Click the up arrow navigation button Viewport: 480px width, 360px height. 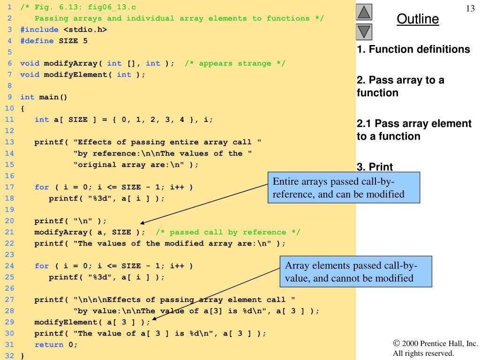(364, 12)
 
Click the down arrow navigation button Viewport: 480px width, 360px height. (364, 32)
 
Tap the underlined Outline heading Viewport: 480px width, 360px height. (418, 19)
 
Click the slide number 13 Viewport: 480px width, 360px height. (470, 8)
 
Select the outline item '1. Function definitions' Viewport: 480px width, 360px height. (413, 49)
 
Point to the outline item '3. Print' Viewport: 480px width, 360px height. (375, 167)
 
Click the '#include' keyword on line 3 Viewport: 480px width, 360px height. (39, 30)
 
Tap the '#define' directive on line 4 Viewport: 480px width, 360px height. (37, 41)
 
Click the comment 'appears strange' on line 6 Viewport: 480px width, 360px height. (235, 63)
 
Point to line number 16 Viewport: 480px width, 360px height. (9, 176)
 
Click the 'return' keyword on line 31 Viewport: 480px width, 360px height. (49, 345)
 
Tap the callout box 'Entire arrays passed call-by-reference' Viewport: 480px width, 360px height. (344, 187)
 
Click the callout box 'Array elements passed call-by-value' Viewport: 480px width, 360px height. (356, 271)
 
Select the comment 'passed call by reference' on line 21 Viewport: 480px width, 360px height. (228, 232)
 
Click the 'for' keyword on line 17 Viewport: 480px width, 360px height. (42, 187)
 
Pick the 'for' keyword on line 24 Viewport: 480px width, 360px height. (42, 266)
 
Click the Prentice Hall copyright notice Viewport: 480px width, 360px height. (435, 348)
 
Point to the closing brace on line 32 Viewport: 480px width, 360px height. (22, 356)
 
